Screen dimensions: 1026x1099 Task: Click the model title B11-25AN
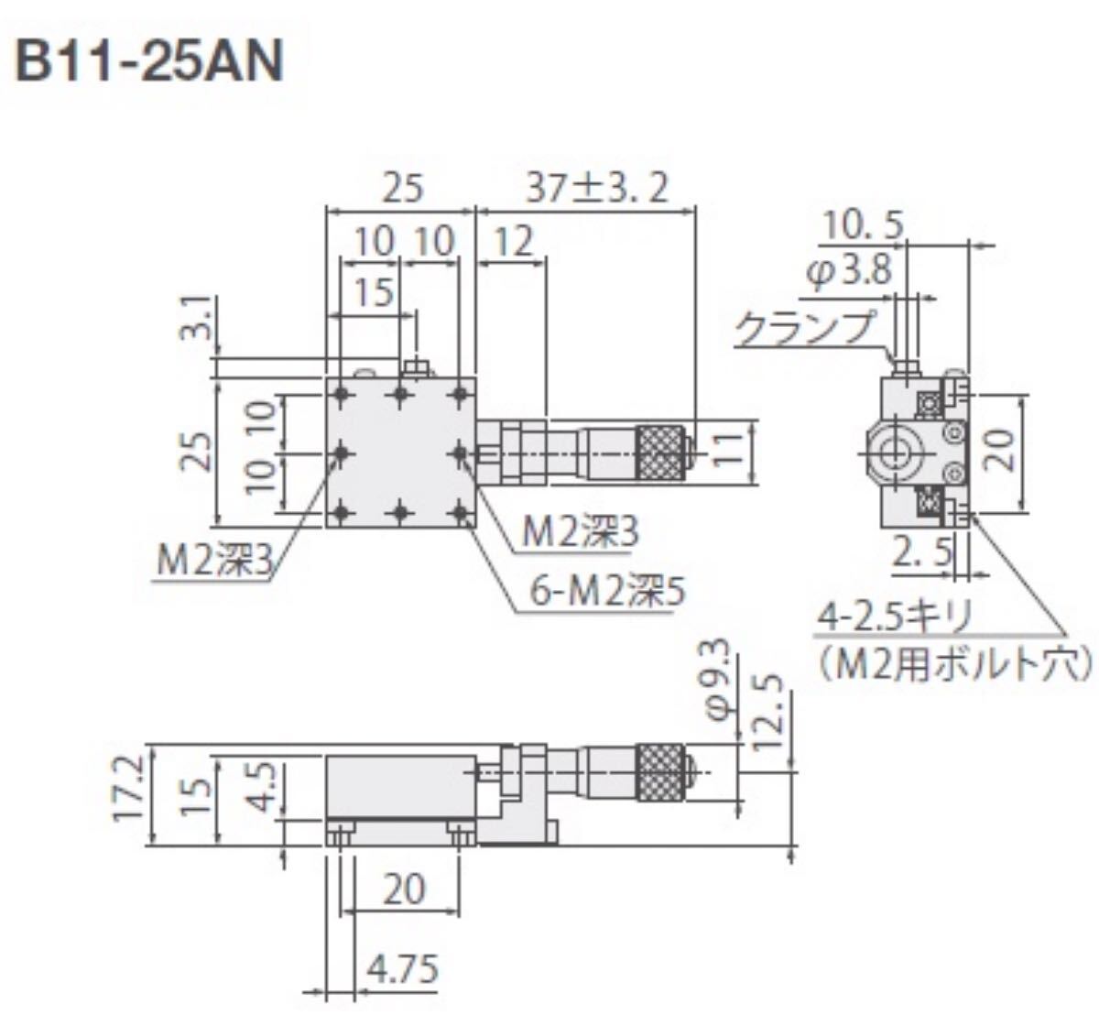coord(149,63)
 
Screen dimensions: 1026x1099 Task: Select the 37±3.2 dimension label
coord(598,188)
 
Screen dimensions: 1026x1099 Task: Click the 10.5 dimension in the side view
coord(863,224)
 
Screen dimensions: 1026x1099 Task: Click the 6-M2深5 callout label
coord(607,594)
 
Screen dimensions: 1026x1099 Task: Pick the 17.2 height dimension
coord(128,786)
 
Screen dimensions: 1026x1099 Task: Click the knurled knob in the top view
coord(660,452)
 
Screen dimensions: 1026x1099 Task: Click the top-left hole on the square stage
coord(342,395)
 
